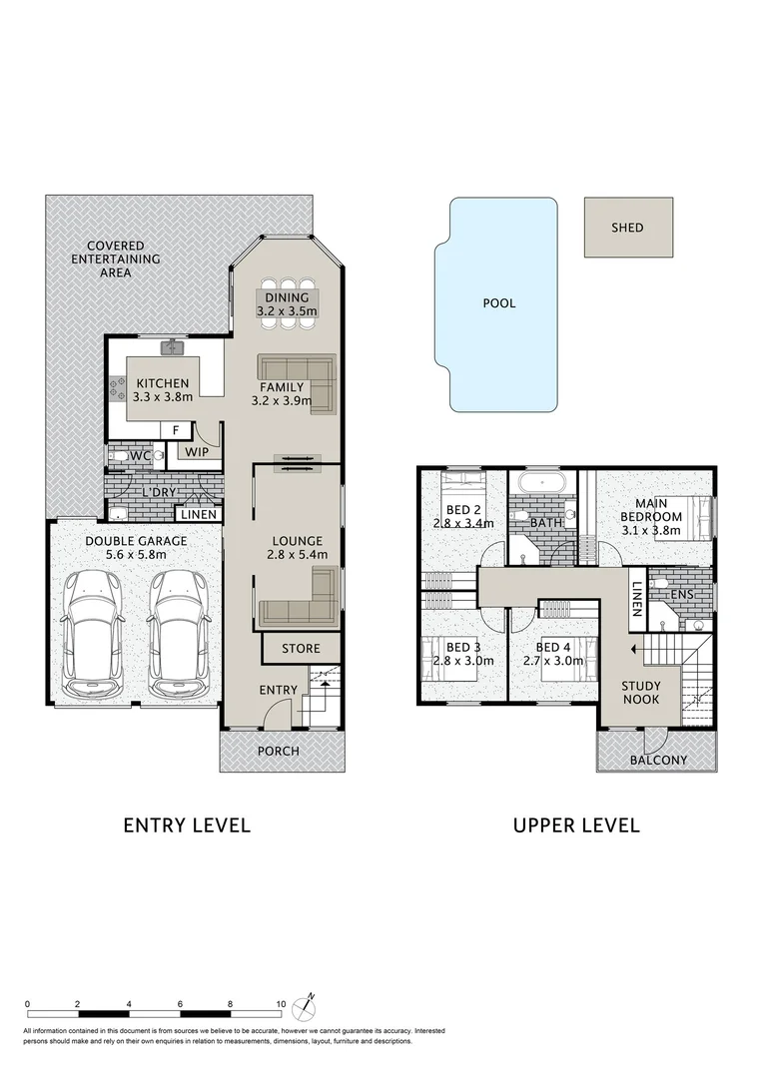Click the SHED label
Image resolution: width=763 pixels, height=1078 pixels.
[627, 228]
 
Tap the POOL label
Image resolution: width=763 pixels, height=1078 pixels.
[499, 303]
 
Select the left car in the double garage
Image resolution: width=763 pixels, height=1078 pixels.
[97, 635]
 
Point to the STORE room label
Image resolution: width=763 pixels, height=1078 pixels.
[301, 649]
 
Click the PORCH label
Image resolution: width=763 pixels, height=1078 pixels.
[279, 751]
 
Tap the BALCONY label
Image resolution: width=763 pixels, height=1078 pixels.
[658, 760]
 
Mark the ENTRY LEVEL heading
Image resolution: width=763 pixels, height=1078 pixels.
[187, 825]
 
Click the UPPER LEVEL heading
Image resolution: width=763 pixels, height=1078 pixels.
[576, 825]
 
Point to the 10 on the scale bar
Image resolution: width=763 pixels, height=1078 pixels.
[281, 1004]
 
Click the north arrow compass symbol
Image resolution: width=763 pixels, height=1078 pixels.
[311, 998]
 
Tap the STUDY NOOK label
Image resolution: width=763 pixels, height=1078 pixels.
[640, 693]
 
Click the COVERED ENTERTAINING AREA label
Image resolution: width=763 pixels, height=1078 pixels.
[115, 259]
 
